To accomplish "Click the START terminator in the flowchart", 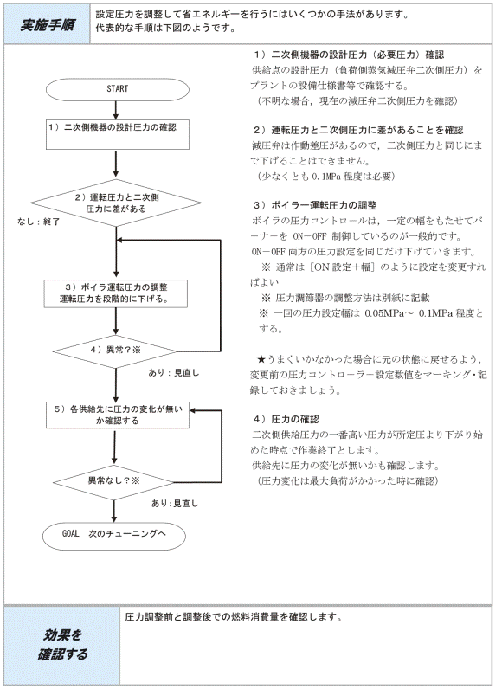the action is [117, 89].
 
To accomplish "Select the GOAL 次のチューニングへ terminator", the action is [114, 536].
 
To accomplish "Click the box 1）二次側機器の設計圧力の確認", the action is [118, 134].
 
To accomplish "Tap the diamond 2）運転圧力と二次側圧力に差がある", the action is [116, 203].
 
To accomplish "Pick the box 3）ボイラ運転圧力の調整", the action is [116, 293].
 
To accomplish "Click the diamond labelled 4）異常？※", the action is [115, 351].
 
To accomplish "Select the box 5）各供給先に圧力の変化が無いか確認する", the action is [118, 415].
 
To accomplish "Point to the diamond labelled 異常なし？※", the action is [114, 482].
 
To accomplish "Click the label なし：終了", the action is [39, 222].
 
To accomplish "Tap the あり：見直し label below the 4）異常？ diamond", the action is [174, 372].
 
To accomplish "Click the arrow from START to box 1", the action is [116, 110].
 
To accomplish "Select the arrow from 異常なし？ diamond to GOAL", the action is [114, 511].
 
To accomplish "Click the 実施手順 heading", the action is [48, 25].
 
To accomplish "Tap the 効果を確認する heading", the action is [62, 644].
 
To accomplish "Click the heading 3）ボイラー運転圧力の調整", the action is [315, 205].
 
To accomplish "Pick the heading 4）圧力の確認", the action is [286, 419].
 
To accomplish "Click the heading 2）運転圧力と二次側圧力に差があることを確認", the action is [358, 130].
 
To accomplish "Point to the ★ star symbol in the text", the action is [261, 359].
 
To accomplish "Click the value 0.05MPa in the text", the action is [383, 313].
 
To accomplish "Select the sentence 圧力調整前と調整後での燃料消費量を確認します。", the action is [234, 617].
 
